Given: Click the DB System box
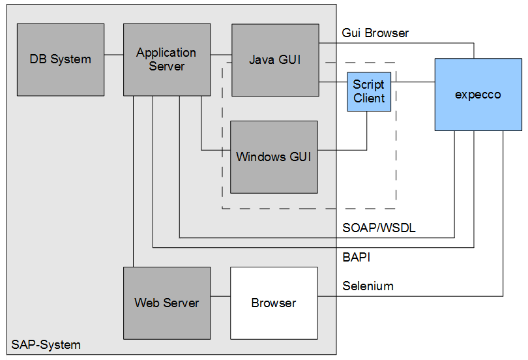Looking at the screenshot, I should (60, 59).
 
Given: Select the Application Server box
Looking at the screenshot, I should (166, 59).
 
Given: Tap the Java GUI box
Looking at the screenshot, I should (275, 59).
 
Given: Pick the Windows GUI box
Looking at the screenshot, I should (274, 157).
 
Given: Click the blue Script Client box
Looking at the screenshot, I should (369, 91).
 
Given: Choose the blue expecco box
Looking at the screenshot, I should (478, 94).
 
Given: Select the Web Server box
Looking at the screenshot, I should (167, 303).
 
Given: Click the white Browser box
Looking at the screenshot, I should (274, 303).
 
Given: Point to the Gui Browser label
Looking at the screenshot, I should (375, 33).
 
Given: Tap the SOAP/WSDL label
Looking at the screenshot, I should (379, 228).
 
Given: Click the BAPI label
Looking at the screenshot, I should (356, 257).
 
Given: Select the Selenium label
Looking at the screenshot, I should (368, 286).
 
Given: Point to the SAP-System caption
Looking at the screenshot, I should (46, 344).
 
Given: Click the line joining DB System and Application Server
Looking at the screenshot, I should (113, 54).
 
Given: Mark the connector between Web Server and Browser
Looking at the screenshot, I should (220, 297).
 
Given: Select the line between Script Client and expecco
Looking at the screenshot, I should (413, 82).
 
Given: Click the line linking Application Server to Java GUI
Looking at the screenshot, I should (221, 54).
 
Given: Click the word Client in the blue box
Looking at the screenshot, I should (369, 98).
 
